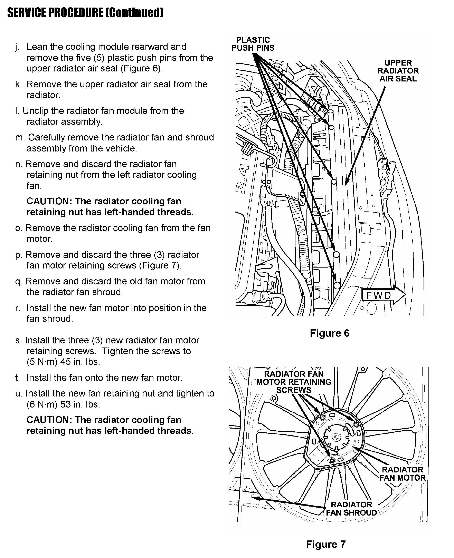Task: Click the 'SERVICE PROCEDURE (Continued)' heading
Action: (x=85, y=12)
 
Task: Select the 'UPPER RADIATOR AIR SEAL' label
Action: (x=398, y=71)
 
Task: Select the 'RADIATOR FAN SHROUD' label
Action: (x=351, y=509)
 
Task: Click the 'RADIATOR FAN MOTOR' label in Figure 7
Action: (x=403, y=474)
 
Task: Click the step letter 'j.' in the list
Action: (x=17, y=47)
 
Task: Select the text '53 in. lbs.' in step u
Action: (x=80, y=404)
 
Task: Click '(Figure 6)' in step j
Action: (x=141, y=68)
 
